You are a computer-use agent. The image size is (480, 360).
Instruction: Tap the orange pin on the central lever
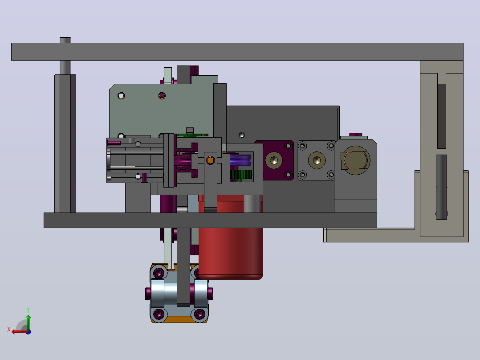coord(210,160)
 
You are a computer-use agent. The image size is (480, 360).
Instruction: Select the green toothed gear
coord(241,175)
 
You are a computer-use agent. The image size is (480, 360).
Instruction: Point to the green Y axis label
coord(28,310)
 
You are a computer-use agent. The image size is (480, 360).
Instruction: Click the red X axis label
coord(9,329)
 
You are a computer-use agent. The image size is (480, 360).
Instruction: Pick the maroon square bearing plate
coord(274,160)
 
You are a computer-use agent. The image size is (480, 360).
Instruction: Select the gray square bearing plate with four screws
coord(316,160)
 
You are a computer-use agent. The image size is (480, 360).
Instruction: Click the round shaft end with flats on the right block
coord(355,160)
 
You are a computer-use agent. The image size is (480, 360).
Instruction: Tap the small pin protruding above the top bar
coord(65,40)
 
